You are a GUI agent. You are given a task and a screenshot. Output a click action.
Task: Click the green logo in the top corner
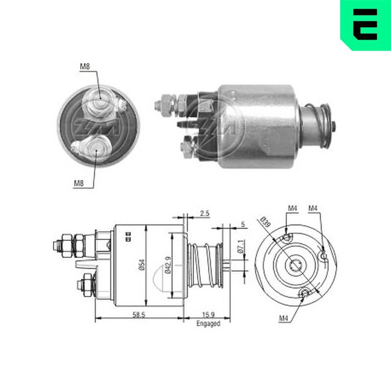365,24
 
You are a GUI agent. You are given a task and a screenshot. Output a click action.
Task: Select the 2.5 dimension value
205,213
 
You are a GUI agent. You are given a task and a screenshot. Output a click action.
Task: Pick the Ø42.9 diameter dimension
168,264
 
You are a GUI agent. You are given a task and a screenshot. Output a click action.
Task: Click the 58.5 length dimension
139,314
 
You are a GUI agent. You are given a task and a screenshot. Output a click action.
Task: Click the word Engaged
208,323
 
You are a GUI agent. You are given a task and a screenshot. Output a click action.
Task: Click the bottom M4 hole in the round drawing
305,292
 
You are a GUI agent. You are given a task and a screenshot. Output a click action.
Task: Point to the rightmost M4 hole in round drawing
323,254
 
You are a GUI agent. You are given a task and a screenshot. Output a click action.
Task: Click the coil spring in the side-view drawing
204,266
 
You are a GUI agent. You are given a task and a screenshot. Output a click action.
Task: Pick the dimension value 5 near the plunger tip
242,225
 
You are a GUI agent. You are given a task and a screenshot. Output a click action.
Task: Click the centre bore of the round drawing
295,266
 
